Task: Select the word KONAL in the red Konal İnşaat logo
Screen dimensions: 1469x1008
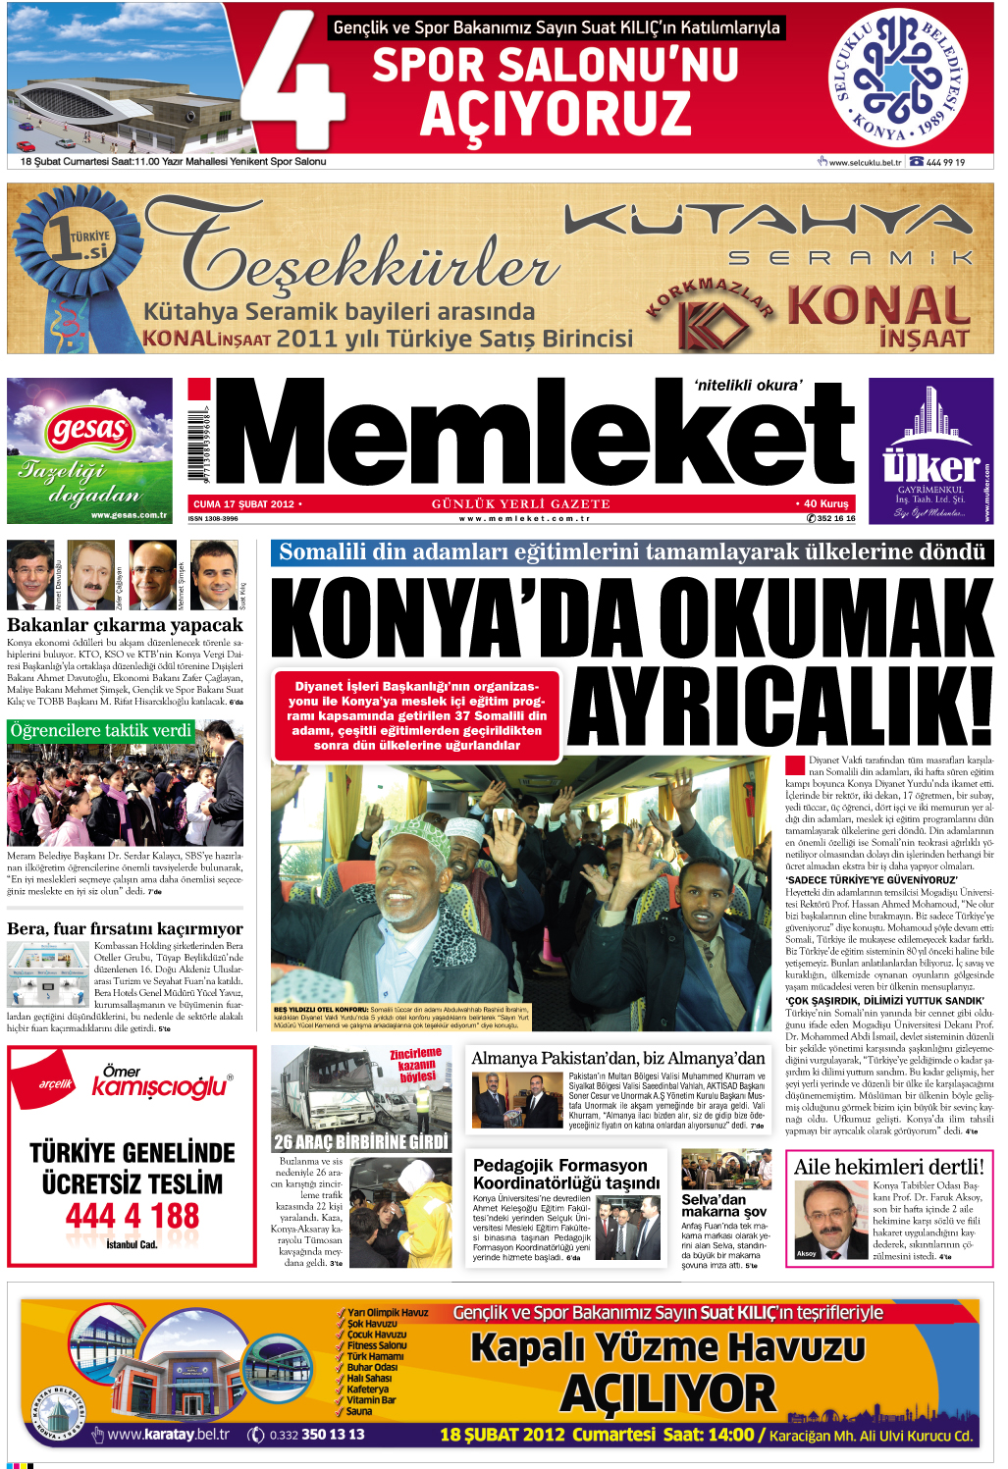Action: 878,306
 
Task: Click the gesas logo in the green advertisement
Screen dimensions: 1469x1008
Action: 89,430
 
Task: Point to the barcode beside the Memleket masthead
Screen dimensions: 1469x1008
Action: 200,443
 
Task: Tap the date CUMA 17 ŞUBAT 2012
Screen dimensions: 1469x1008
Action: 243,504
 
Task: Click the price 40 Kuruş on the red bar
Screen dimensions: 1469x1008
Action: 824,503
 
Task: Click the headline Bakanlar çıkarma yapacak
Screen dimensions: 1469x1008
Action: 125,625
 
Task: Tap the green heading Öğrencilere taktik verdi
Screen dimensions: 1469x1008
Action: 101,730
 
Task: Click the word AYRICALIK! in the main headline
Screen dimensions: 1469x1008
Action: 780,708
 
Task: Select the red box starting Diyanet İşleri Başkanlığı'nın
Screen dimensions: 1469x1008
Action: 417,715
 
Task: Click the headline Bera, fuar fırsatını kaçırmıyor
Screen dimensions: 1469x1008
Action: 125,928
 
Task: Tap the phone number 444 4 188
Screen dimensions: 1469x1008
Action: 133,1217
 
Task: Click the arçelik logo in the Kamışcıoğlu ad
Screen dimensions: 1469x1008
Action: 56,1083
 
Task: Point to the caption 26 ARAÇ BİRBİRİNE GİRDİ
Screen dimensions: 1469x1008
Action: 361,1141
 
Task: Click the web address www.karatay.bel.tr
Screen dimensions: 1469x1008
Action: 168,1435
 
